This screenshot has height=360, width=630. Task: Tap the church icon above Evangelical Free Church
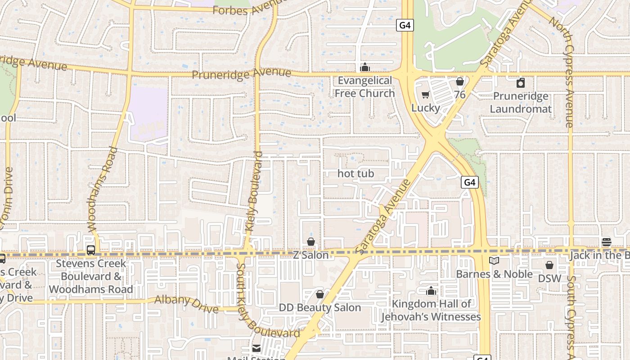[x=364, y=67]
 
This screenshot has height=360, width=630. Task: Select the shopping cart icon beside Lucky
[x=425, y=95]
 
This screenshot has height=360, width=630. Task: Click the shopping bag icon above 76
[x=460, y=81]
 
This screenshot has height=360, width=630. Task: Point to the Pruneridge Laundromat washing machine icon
[x=521, y=83]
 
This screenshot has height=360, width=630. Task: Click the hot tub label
[x=355, y=173]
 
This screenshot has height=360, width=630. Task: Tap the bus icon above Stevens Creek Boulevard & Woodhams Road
[x=91, y=250]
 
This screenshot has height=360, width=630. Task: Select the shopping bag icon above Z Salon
[x=310, y=242]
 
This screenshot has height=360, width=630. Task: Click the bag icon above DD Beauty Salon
[x=319, y=294]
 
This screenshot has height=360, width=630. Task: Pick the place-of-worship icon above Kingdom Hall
[x=431, y=291]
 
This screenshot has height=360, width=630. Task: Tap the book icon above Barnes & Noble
[x=494, y=261]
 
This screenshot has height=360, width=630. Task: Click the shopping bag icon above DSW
[x=549, y=265]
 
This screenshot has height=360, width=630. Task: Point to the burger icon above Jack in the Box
[x=606, y=242]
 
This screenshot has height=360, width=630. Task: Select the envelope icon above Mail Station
[x=256, y=348]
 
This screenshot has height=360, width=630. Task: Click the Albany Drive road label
[x=187, y=304]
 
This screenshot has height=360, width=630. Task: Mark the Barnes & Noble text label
[x=494, y=274]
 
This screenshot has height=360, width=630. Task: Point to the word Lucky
[x=425, y=108]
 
